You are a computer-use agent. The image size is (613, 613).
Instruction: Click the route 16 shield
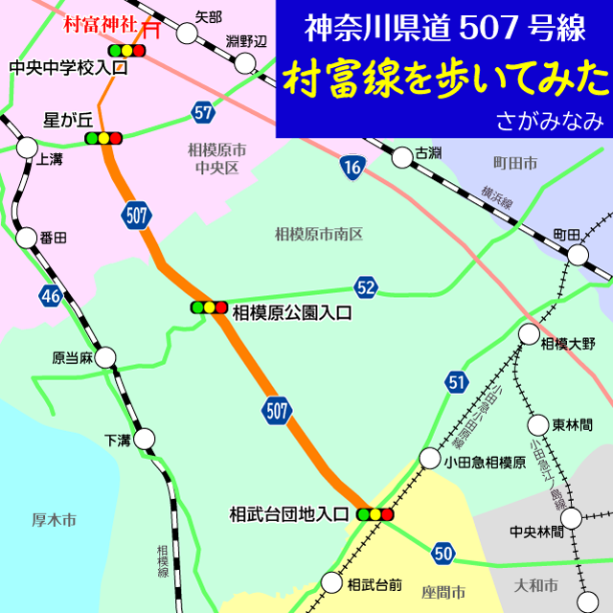353,169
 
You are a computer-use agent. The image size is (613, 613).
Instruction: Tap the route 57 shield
202,111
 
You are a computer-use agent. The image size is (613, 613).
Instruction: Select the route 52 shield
365,286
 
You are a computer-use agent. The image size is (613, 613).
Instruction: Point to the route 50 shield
443,552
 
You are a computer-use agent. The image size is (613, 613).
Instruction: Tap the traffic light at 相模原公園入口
209,307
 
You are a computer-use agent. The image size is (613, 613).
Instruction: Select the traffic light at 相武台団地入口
375,514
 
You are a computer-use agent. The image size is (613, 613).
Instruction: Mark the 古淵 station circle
399,155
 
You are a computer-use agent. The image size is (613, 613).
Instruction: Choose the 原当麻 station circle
105,358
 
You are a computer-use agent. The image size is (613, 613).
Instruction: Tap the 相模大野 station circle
529,333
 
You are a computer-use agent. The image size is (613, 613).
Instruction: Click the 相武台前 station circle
331,582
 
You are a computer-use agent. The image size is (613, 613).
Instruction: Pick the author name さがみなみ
549,123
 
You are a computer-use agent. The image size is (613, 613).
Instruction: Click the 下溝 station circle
144,440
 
